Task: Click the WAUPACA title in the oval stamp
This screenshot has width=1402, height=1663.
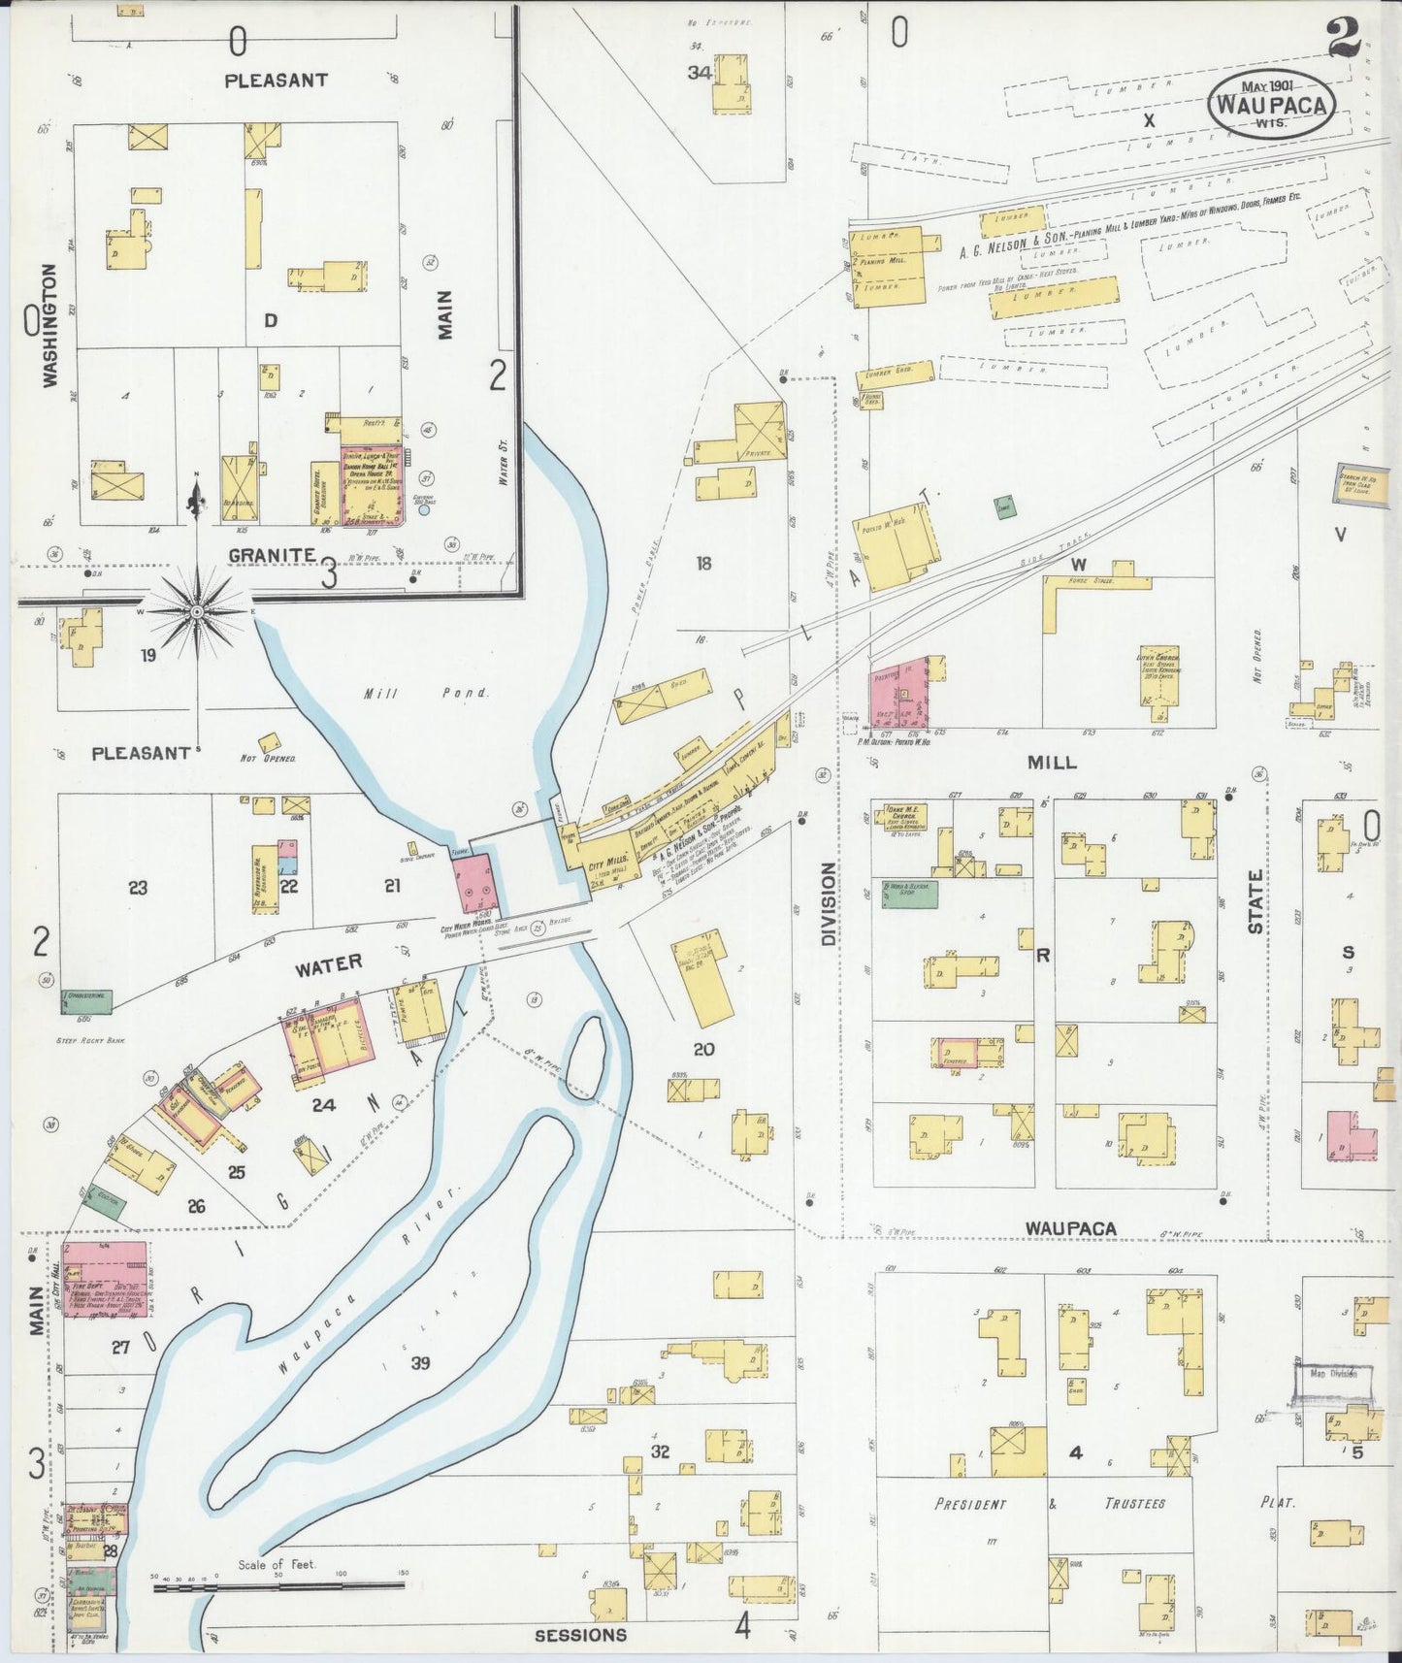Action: [x=1271, y=105]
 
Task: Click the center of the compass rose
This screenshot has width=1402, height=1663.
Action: [x=197, y=612]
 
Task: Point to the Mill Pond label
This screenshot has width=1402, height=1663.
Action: [x=428, y=693]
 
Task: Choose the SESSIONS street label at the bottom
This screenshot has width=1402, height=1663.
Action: [x=580, y=1635]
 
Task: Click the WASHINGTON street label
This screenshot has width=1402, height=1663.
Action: [x=49, y=326]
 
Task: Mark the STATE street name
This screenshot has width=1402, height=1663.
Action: [x=1255, y=902]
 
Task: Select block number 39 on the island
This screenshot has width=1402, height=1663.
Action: [x=420, y=1363]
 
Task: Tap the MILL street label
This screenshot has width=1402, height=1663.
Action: [x=1053, y=762]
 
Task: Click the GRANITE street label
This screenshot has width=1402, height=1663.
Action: [x=272, y=555]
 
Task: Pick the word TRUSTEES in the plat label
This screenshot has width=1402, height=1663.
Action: [x=1134, y=1504]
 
